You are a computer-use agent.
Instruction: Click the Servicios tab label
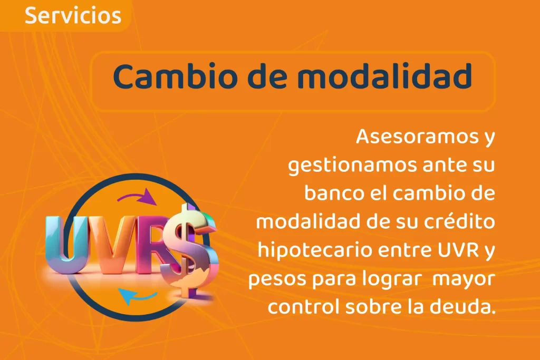click(73, 16)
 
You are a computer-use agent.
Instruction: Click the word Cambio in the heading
click(177, 76)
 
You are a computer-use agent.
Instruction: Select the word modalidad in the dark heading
click(384, 76)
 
